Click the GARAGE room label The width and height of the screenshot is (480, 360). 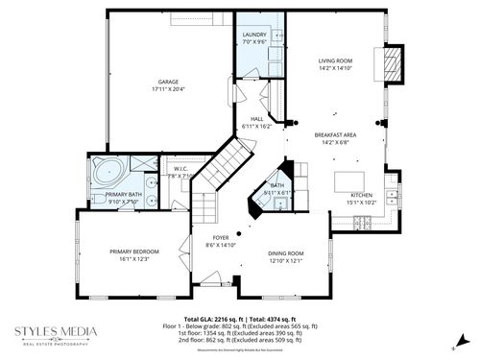point(169,82)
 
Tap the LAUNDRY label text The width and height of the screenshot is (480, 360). point(254,35)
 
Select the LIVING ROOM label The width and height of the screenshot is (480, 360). point(336,61)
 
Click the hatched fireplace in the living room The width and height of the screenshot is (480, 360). point(391,65)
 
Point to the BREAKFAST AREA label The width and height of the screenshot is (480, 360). point(336,135)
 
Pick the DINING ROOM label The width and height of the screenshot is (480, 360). point(285,252)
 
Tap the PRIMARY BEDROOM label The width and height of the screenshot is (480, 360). point(134,251)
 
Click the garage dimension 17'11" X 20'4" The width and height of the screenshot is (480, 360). point(169,88)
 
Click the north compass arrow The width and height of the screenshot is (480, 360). point(462,338)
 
